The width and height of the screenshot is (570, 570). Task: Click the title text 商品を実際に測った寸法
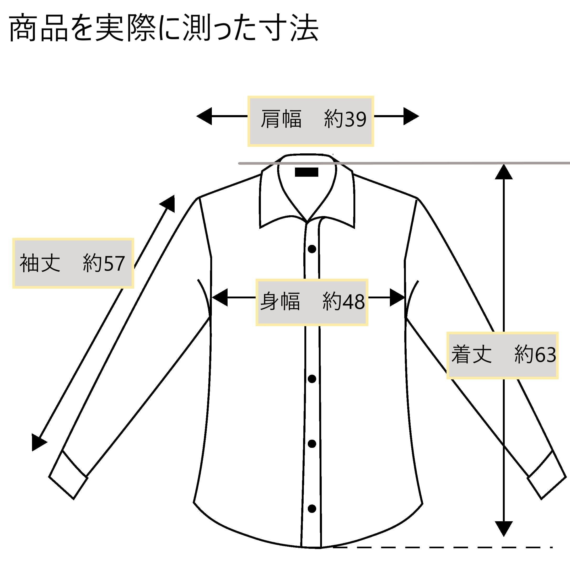click(x=164, y=29)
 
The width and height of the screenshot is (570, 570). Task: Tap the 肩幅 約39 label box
click(x=311, y=121)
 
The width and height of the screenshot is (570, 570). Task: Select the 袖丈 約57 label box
click(x=73, y=263)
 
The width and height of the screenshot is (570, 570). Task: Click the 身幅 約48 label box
click(x=312, y=302)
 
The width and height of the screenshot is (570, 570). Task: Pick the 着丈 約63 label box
click(x=502, y=355)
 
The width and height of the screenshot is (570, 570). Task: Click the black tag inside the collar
click(x=306, y=172)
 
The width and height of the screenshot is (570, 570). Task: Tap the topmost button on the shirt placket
click(x=312, y=249)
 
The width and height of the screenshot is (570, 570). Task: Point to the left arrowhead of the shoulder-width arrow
click(x=205, y=116)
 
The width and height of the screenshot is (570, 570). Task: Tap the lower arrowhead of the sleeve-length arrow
click(x=38, y=442)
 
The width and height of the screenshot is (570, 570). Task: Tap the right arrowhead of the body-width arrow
click(x=397, y=297)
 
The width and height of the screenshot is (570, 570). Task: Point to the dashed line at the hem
click(x=443, y=547)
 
